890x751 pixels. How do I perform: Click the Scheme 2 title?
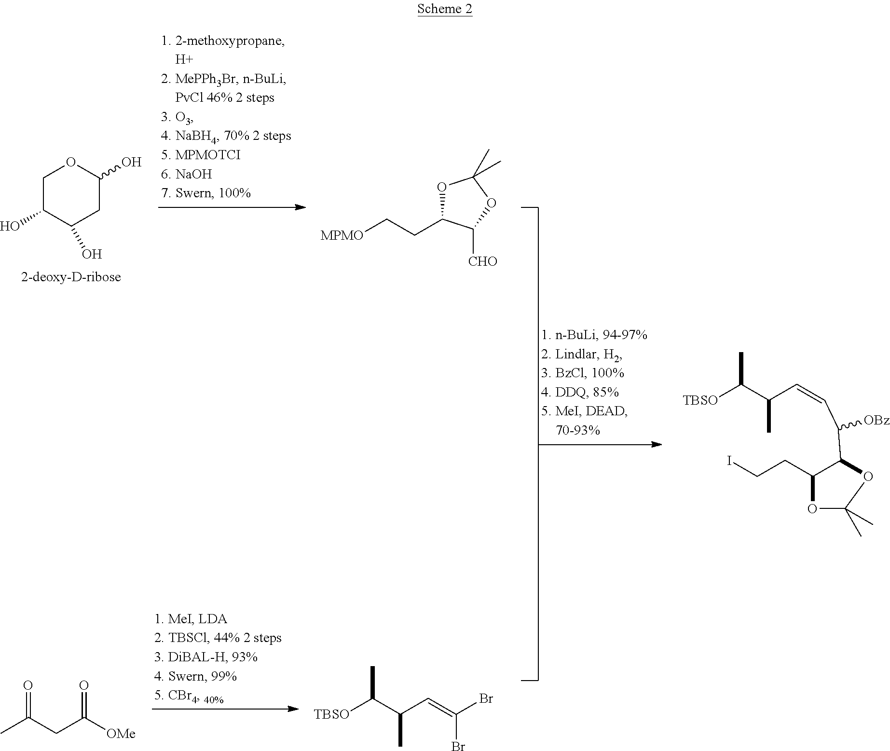coord(444,9)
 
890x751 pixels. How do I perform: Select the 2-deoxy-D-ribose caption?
coord(70,277)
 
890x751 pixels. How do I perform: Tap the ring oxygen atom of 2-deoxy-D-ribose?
coord(71,162)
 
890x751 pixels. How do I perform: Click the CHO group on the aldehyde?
coord(482,261)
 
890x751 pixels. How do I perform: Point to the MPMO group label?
coord(342,236)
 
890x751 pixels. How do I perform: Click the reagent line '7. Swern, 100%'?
coord(206,193)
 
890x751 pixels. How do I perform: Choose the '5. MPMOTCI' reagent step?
coord(200,155)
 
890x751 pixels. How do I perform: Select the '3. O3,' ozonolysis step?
coord(178,117)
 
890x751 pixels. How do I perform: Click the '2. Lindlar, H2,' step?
coord(582,355)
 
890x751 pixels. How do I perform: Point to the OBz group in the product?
coord(876,421)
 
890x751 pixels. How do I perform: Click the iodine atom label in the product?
coord(730,462)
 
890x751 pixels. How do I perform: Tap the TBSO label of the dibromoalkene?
coord(331,714)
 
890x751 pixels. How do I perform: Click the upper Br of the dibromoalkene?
coord(486,698)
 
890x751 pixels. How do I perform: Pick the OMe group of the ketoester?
coord(121,734)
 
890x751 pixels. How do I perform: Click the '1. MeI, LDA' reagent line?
coord(191,619)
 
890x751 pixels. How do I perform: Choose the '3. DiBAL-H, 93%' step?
coord(206,657)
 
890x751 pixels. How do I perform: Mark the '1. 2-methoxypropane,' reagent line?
coord(223,41)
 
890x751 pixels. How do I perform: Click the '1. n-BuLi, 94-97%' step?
coord(594,335)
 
